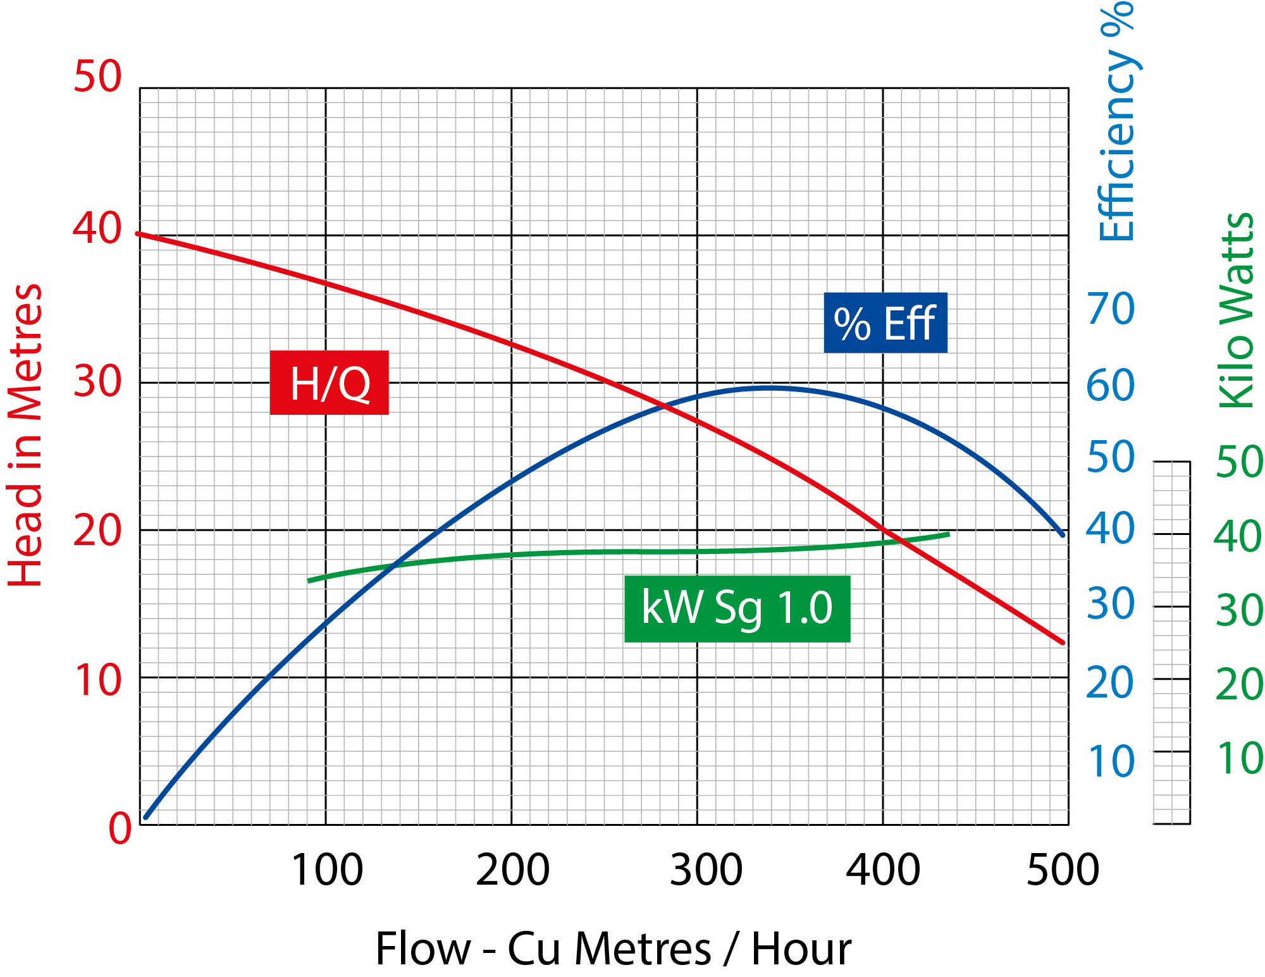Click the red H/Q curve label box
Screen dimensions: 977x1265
pyautogui.click(x=329, y=383)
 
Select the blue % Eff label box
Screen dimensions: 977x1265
pyautogui.click(x=885, y=323)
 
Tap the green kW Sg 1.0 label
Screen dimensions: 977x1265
pyautogui.click(x=737, y=608)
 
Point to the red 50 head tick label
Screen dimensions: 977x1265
pyautogui.click(x=97, y=77)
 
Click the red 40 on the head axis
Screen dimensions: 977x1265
pyautogui.click(x=97, y=228)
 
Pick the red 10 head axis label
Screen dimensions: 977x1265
pyautogui.click(x=97, y=681)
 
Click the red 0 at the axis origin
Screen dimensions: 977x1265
pyautogui.click(x=120, y=828)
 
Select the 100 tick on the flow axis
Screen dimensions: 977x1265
pyautogui.click(x=326, y=870)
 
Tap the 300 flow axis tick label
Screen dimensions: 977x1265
pyautogui.click(x=706, y=870)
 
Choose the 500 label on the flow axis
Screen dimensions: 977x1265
pyautogui.click(x=1063, y=870)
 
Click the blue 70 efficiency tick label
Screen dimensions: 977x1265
pyautogui.click(x=1111, y=309)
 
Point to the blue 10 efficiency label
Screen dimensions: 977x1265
pyautogui.click(x=1111, y=761)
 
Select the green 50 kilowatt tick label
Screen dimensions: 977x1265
pyautogui.click(x=1239, y=462)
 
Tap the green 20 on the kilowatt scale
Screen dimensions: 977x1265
pyautogui.click(x=1239, y=685)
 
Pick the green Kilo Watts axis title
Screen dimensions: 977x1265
pyautogui.click(x=1237, y=310)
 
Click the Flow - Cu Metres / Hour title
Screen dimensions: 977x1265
pyautogui.click(x=613, y=949)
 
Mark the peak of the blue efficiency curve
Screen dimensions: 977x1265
pyautogui.click(x=768, y=388)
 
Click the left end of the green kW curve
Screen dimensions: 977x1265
pyautogui.click(x=310, y=580)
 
